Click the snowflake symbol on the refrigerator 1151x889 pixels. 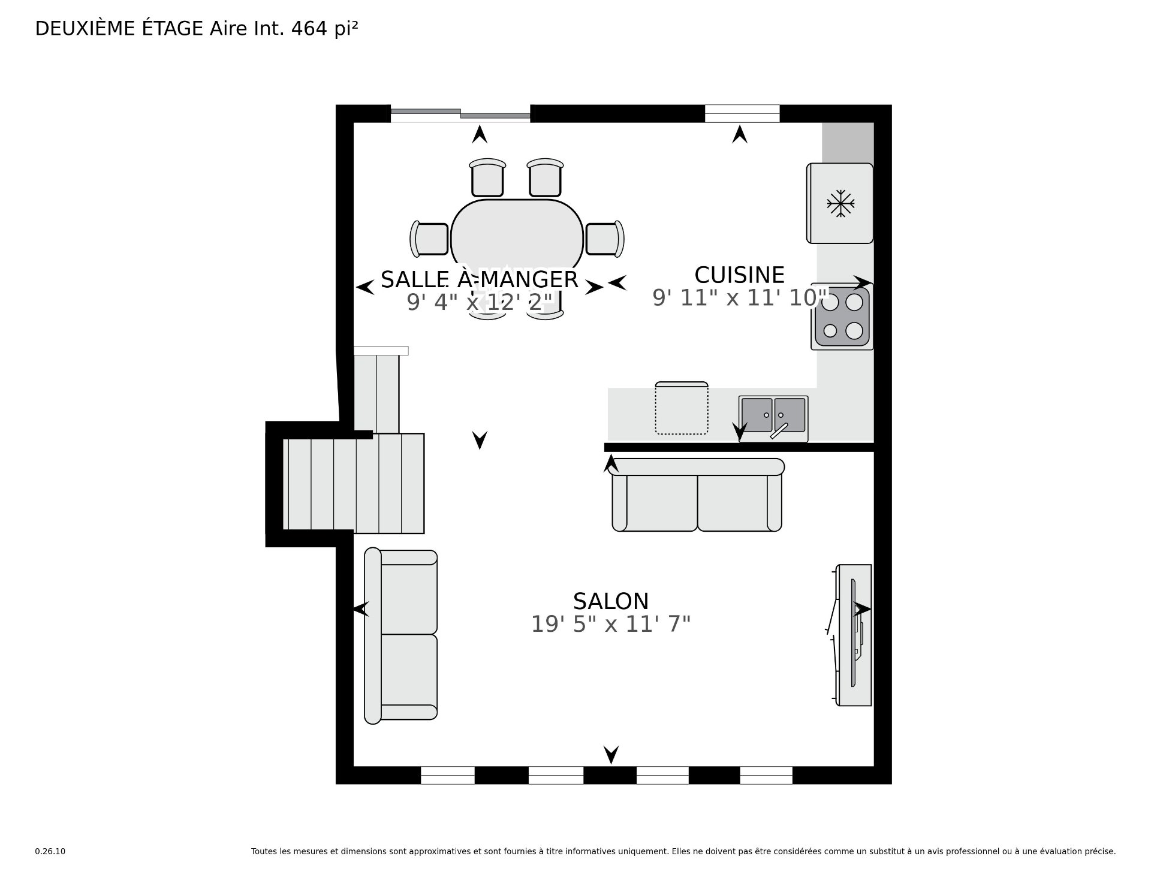pos(840,204)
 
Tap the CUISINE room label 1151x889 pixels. pos(739,275)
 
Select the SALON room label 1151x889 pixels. pos(610,601)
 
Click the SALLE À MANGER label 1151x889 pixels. pos(479,279)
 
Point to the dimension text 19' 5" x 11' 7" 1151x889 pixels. pos(610,625)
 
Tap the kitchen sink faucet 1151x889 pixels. pos(778,430)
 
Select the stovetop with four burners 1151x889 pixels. pos(842,316)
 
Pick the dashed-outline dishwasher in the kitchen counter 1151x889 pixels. pos(682,408)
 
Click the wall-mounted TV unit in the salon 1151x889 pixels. pos(854,634)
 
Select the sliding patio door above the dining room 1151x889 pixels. pos(460,114)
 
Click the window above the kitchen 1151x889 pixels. pos(742,113)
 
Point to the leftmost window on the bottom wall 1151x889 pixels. pos(447,775)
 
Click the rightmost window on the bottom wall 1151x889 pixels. pos(766,775)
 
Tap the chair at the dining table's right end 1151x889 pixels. pos(604,239)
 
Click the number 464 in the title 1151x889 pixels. pos(309,28)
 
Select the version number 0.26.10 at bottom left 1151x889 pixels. pos(50,851)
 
